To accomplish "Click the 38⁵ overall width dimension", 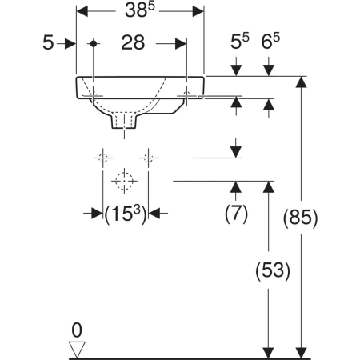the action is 140,10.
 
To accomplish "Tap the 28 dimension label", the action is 133,42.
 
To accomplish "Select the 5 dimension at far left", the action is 48,42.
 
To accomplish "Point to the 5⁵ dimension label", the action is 239,42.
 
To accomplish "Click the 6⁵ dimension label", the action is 270,42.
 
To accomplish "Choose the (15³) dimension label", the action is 126,214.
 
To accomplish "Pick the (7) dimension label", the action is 236,214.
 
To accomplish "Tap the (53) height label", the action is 273,270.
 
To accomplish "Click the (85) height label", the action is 300,218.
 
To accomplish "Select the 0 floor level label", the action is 77,330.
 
